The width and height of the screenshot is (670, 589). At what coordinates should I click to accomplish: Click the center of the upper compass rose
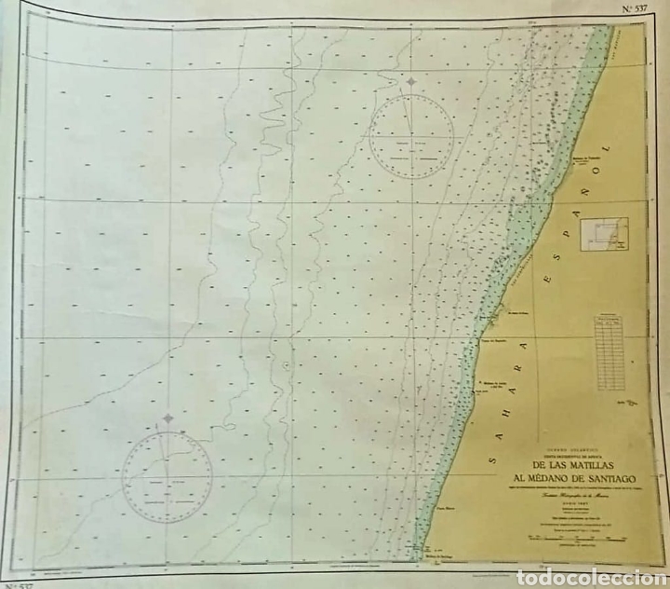[x=410, y=139]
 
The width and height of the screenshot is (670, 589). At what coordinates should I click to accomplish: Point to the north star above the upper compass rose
[x=410, y=82]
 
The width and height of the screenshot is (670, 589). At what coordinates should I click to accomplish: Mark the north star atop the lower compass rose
[x=167, y=419]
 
